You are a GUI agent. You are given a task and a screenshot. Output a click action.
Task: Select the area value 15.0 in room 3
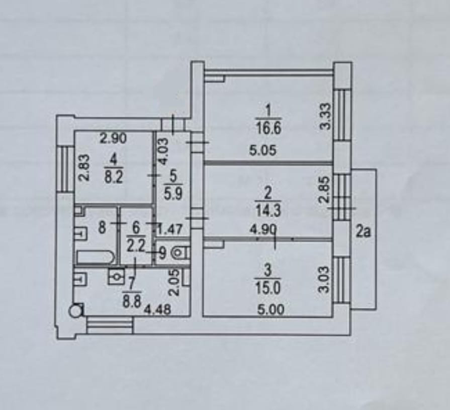[268, 288]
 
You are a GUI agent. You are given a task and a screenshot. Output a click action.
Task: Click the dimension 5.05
[264, 150]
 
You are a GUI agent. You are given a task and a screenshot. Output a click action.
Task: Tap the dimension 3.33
[326, 116]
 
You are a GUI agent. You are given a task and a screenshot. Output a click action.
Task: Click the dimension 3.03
[325, 280]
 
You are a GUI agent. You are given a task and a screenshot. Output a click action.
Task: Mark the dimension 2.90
[113, 138]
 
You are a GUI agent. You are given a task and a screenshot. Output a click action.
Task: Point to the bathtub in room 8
[96, 257]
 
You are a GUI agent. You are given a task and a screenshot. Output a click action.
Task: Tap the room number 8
[102, 228]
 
